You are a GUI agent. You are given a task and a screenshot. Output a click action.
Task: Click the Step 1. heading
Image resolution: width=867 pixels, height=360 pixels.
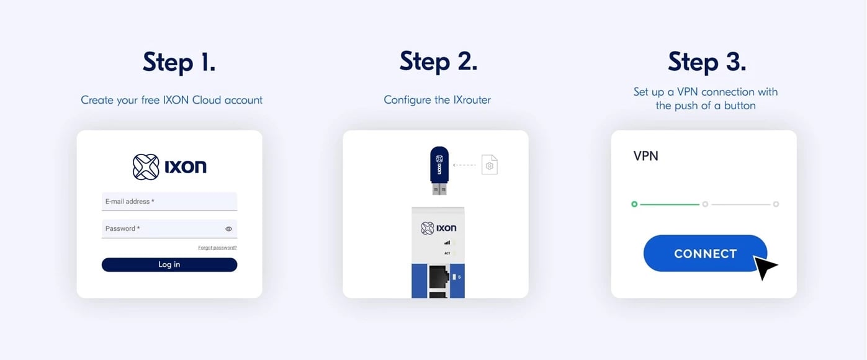(x=179, y=62)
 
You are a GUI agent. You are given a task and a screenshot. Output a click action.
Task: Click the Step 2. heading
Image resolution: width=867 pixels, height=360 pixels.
(x=438, y=61)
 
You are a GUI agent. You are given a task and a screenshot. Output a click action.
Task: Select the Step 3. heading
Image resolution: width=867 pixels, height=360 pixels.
(x=707, y=62)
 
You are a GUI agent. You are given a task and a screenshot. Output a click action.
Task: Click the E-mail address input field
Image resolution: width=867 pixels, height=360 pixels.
(x=169, y=201)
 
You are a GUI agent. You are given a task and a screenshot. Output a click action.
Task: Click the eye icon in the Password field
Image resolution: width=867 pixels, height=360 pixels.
(x=229, y=229)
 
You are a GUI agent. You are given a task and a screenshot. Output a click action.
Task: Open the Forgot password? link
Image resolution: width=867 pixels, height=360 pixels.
(x=217, y=248)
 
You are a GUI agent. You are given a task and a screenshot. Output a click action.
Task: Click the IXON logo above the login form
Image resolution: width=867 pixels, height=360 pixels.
(x=169, y=167)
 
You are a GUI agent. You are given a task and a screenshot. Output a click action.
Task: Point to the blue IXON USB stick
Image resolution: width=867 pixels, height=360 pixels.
(x=439, y=170)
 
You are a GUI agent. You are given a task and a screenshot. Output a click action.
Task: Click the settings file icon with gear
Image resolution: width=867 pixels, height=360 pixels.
(x=490, y=164)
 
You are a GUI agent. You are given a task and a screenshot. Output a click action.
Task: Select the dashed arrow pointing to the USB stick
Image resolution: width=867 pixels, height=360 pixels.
(x=464, y=165)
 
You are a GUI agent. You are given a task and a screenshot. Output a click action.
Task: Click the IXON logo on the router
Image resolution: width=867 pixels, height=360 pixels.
(x=439, y=228)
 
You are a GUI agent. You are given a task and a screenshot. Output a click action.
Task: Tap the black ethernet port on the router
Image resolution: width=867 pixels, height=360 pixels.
(x=439, y=276)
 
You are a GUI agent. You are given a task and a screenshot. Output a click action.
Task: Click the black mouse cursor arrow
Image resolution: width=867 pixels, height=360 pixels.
(x=763, y=266)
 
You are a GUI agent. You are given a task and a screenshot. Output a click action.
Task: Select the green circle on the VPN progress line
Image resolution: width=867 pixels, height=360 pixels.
(x=634, y=204)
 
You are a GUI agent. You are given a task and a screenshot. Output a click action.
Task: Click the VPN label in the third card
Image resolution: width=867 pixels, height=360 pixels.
(x=645, y=156)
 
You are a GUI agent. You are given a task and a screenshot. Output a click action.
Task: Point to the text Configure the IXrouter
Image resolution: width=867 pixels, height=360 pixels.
(x=437, y=100)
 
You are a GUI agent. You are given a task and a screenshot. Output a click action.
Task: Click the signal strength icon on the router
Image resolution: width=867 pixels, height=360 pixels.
(x=447, y=243)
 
